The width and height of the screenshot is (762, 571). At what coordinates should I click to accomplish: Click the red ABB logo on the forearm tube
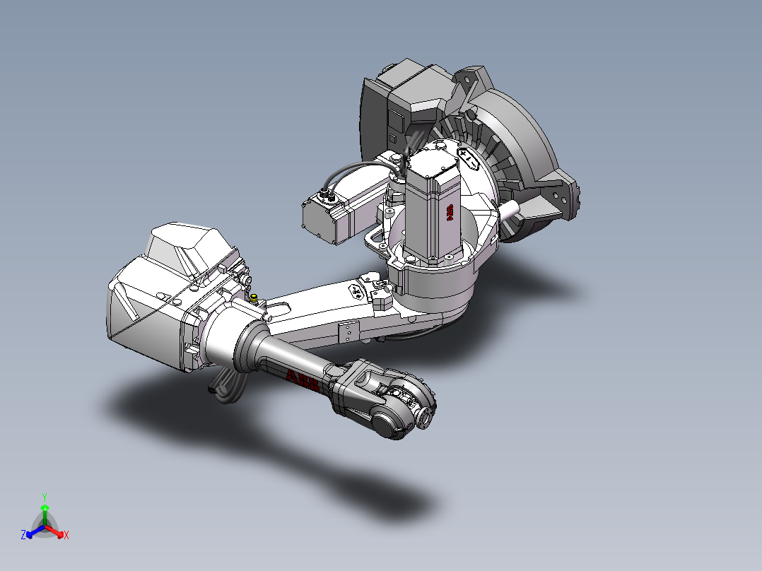coord(303,379)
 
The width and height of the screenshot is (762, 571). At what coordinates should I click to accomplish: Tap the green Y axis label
coord(44,497)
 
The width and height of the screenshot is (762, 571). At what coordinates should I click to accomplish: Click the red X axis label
coord(66,536)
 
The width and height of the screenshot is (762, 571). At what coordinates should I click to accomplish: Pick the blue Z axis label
coord(23,536)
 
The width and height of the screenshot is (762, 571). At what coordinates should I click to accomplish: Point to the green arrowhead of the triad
coord(44,507)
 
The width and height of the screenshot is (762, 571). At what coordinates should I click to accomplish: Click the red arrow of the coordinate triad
coord(58,532)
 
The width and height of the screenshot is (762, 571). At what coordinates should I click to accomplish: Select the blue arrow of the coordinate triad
coord(31,532)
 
